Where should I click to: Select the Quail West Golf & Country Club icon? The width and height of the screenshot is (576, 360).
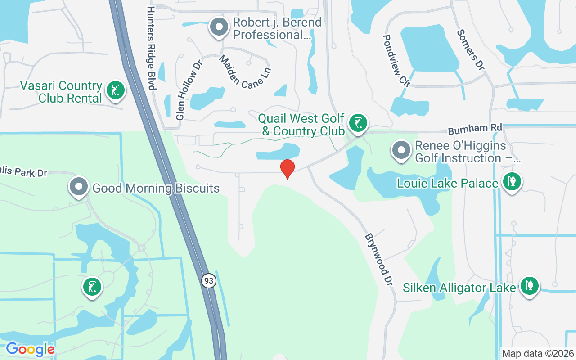pos(358,123)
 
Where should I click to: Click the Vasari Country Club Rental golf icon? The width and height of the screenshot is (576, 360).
pos(115,90)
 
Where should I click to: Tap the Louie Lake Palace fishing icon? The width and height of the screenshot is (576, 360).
pos(512,182)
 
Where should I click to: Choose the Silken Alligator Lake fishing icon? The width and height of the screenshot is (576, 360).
pos(529,286)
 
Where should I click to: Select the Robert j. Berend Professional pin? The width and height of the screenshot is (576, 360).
pos(219,27)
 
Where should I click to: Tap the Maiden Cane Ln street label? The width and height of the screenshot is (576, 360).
pos(245,72)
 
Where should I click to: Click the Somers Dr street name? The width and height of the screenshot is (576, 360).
pos(471,49)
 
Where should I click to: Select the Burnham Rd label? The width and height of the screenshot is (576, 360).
pos(475,129)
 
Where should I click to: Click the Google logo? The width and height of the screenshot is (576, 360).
pos(30,349)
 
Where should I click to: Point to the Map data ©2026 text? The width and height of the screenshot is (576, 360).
pos(538,353)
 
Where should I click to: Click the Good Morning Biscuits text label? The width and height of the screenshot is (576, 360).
pos(156,188)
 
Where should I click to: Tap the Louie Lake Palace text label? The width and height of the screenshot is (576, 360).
pos(448,183)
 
